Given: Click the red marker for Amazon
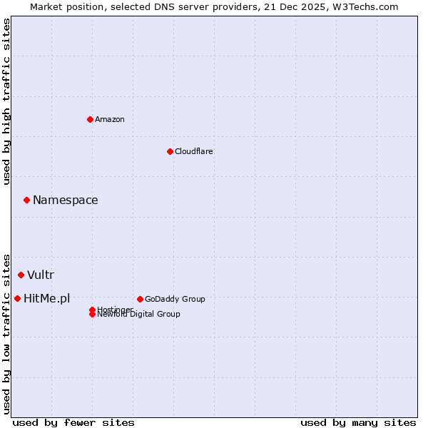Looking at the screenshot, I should pyautogui.click(x=90, y=119).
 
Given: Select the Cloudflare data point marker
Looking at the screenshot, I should pyautogui.click(x=170, y=151).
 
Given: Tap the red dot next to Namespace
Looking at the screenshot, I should pyautogui.click(x=26, y=200).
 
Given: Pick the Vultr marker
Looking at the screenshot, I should pyautogui.click(x=21, y=275).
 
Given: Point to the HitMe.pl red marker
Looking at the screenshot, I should pyautogui.click(x=17, y=298).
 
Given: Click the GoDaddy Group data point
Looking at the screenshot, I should pyautogui.click(x=140, y=299).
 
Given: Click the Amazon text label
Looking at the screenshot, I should pyautogui.click(x=110, y=119).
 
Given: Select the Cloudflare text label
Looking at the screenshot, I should pyautogui.click(x=193, y=151).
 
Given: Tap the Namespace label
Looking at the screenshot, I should pyautogui.click(x=66, y=200).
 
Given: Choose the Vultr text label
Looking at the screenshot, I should pyautogui.click(x=41, y=275).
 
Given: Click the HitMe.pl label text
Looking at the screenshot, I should pyautogui.click(x=47, y=299).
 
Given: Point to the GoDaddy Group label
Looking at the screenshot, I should pyautogui.click(x=175, y=299).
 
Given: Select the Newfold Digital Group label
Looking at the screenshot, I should pyautogui.click(x=139, y=315).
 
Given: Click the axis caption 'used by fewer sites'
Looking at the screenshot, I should pyautogui.click(x=73, y=422).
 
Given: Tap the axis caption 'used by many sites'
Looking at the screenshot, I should pyautogui.click(x=358, y=422).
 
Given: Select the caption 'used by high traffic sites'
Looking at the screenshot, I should pyautogui.click(x=7, y=101).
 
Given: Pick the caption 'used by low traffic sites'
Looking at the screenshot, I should pyautogui.click(x=7, y=333).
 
